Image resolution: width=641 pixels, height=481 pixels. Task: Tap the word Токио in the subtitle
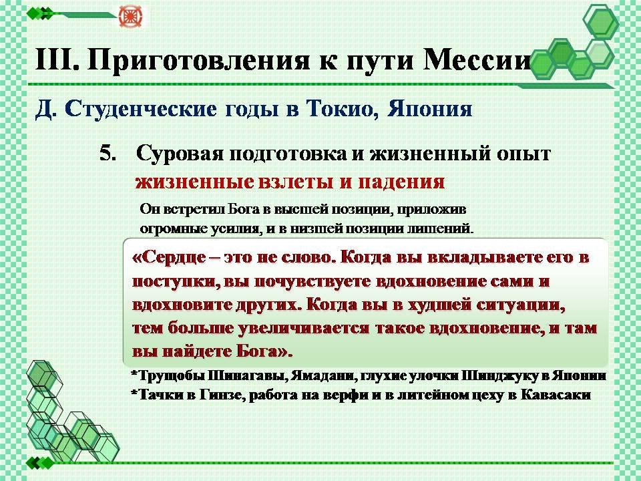pyautogui.click(x=341, y=109)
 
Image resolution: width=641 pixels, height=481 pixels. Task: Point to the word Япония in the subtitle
pyautogui.click(x=429, y=109)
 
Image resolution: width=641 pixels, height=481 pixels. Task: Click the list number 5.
pyautogui.click(x=108, y=154)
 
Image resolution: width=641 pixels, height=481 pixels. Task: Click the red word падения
pyautogui.click(x=401, y=182)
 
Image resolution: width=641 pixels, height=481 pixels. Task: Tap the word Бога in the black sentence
pyautogui.click(x=244, y=209)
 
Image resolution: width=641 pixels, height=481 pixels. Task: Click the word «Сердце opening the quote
pyautogui.click(x=169, y=258)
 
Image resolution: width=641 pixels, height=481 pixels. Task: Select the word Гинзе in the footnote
pyautogui.click(x=221, y=395)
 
